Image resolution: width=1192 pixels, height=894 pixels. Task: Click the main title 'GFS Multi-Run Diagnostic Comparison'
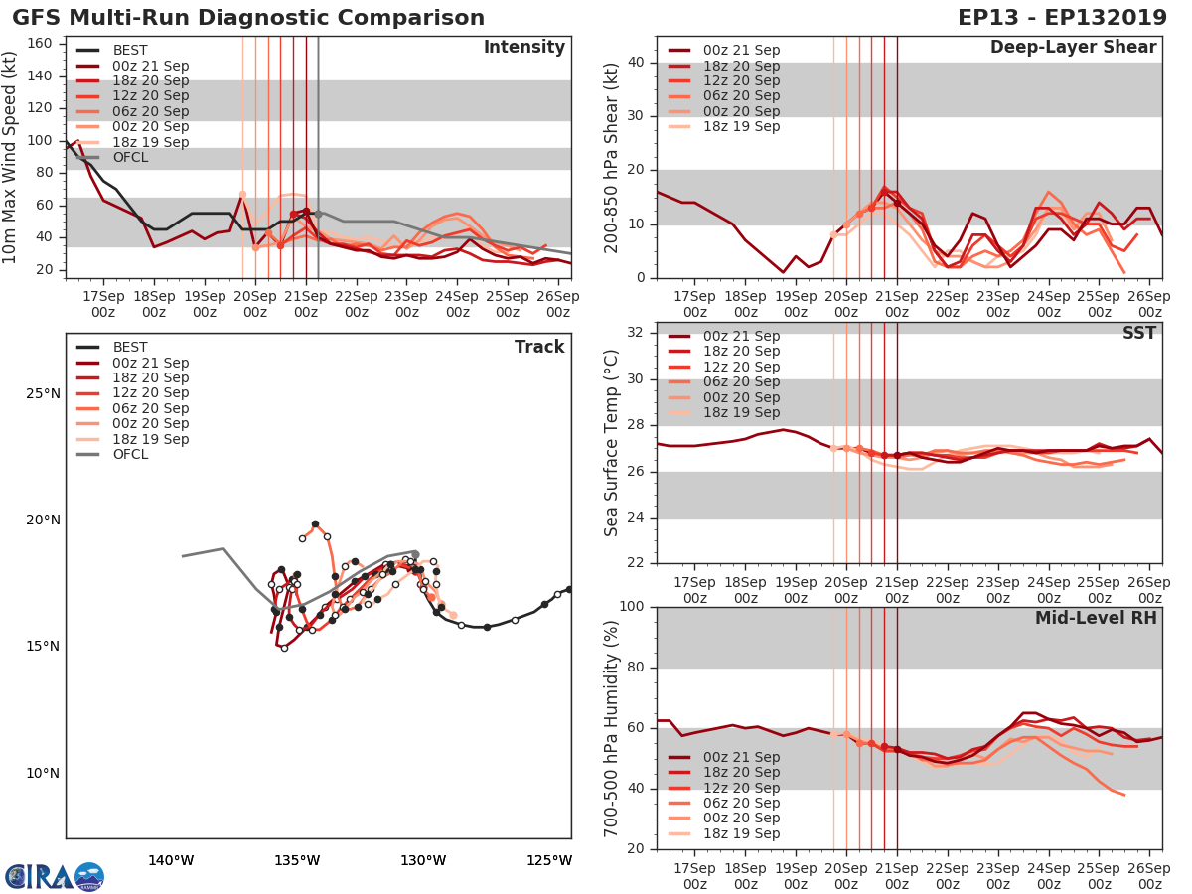(x=248, y=18)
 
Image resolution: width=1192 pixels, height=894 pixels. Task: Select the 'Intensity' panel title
(x=523, y=48)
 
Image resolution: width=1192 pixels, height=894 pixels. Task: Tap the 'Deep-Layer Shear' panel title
(x=1073, y=48)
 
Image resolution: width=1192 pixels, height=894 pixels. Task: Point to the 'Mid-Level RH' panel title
(x=1096, y=618)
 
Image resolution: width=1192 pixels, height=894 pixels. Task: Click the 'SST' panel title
(x=1137, y=333)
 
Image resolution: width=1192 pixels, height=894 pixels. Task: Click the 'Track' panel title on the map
(x=539, y=347)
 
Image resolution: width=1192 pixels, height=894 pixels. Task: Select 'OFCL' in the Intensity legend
(x=129, y=158)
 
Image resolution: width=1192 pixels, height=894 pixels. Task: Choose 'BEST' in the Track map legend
(x=129, y=347)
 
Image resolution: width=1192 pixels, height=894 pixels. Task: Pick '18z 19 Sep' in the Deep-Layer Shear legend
(x=741, y=127)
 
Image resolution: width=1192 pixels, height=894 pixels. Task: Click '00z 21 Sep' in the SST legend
(x=741, y=336)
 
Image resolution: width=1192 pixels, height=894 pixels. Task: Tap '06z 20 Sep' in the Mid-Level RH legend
(x=741, y=803)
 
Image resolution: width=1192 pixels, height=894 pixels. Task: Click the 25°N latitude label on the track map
(x=42, y=393)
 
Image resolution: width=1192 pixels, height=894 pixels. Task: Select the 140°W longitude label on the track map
(x=171, y=860)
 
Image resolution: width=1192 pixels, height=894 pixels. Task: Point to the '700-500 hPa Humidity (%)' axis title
(x=612, y=728)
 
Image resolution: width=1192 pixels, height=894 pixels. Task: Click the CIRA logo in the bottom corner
(x=55, y=876)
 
